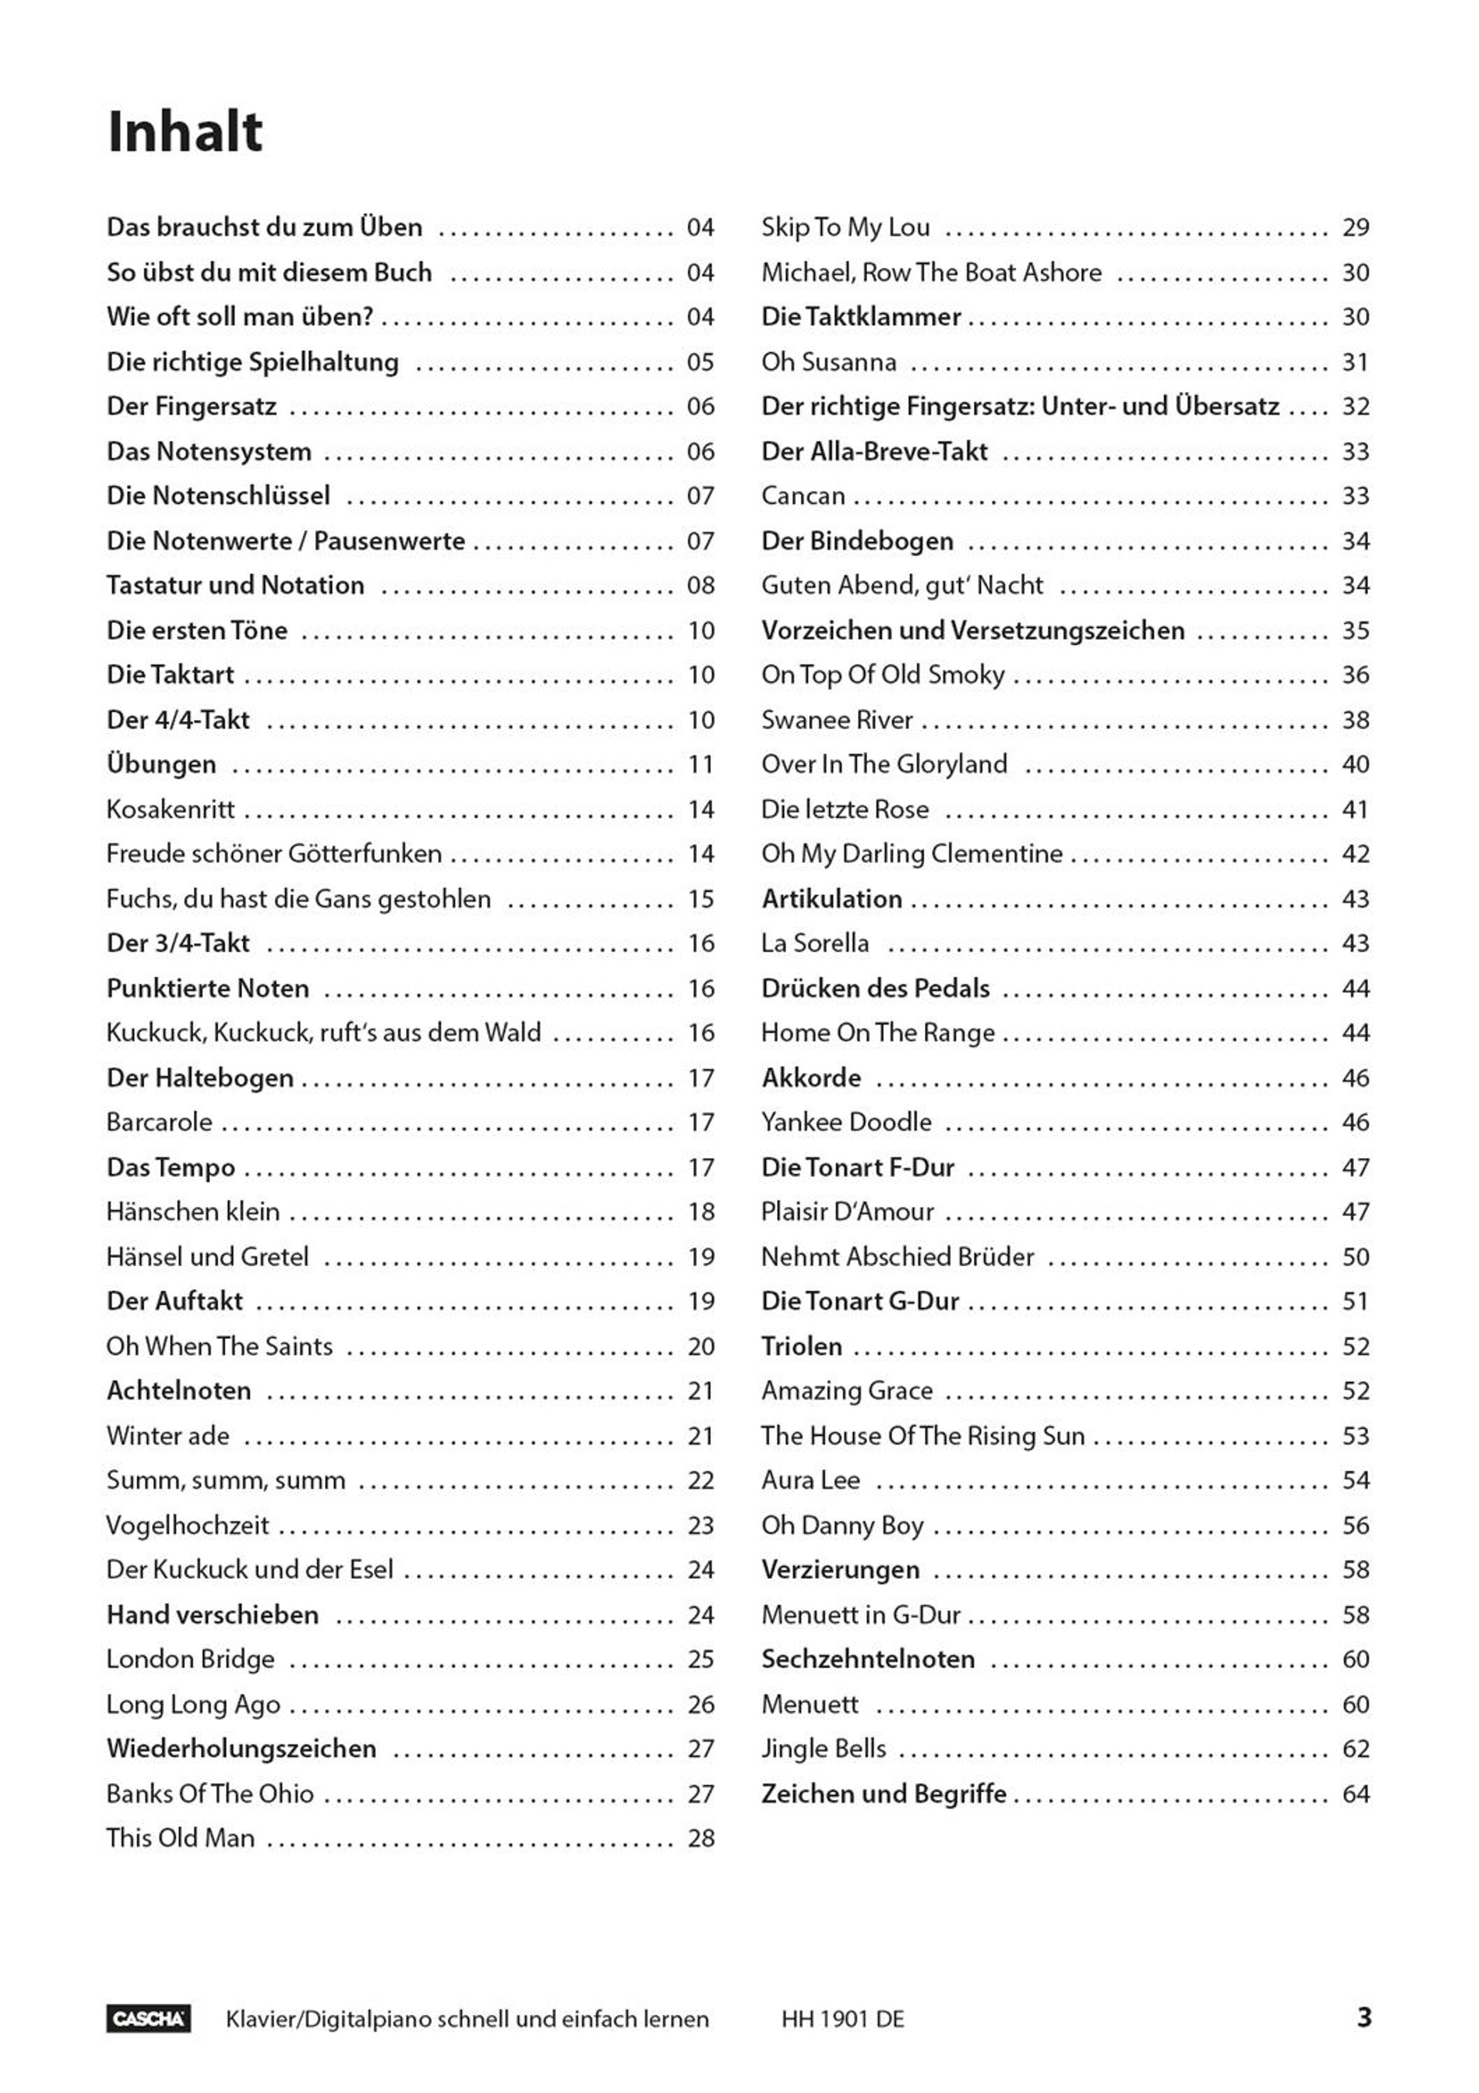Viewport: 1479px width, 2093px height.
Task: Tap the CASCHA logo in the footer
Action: click(x=149, y=2018)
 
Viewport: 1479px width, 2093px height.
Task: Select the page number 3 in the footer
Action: click(x=1363, y=2017)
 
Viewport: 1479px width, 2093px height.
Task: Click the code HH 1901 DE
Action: click(x=842, y=2019)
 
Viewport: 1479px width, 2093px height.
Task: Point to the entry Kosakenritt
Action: click(x=171, y=809)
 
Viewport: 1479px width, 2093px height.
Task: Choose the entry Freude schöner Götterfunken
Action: click(x=274, y=854)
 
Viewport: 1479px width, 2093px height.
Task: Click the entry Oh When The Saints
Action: click(x=219, y=1347)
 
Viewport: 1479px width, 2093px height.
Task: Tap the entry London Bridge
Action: click(x=190, y=1659)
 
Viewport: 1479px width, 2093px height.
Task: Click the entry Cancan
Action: click(x=803, y=496)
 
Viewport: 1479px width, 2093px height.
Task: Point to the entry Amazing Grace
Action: click(x=847, y=1391)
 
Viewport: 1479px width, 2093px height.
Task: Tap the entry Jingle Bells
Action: click(x=823, y=1748)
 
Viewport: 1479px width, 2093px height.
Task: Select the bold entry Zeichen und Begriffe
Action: click(x=883, y=1794)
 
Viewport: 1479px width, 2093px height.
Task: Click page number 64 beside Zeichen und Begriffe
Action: click(x=1355, y=1794)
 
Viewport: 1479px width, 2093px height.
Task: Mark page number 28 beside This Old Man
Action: click(x=701, y=1838)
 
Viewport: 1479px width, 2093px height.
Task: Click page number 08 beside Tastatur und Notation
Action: click(x=701, y=585)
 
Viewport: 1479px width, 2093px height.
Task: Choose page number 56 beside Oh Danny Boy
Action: click(x=1355, y=1525)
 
